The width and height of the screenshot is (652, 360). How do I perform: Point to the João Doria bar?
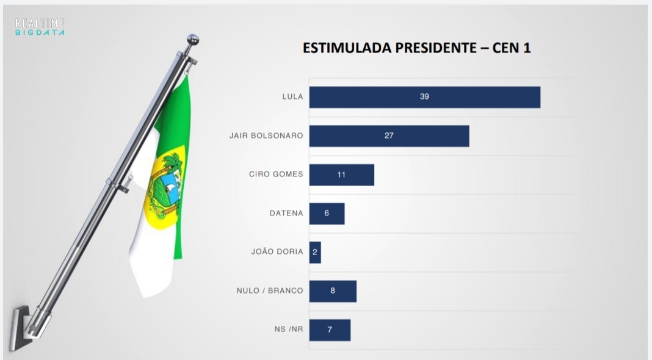tap(315, 252)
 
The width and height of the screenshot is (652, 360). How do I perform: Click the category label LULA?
tap(292, 97)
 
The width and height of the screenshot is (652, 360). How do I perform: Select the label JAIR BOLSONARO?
tap(266, 135)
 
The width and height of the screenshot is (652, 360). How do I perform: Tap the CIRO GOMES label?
tap(276, 175)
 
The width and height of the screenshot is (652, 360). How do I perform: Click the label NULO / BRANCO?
tap(269, 291)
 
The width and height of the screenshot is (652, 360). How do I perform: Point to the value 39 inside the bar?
tap(424, 97)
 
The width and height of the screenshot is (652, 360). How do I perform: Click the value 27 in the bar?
tap(389, 135)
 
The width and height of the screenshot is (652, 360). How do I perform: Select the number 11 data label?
tap(341, 175)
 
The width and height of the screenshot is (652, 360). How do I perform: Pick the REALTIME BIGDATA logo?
tap(40, 26)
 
